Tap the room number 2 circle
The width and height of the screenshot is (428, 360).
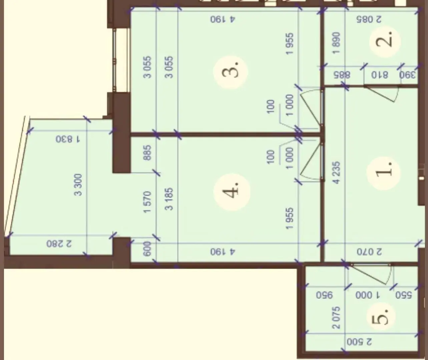pos(385,42)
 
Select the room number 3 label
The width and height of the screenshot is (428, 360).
pos(231,72)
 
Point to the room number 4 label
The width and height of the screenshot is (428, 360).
pos(232,192)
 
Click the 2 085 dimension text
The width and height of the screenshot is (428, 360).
pos(369,19)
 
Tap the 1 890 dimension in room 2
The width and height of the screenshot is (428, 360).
pos(337,43)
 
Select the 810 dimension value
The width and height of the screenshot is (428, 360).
pos(380,75)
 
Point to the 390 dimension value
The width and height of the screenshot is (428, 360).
pos(408,75)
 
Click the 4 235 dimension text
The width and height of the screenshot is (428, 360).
pos(337,173)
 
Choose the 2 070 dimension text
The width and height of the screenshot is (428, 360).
pos(369,252)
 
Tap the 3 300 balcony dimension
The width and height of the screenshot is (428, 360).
pos(78,185)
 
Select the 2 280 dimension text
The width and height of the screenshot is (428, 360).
pos(59,244)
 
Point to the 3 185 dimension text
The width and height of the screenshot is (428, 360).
pos(169,199)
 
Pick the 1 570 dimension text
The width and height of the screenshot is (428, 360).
pos(147,202)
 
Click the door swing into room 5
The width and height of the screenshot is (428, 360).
pos(371,275)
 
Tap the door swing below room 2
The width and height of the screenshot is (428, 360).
pos(381,94)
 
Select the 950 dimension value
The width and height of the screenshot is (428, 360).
pos(325,295)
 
